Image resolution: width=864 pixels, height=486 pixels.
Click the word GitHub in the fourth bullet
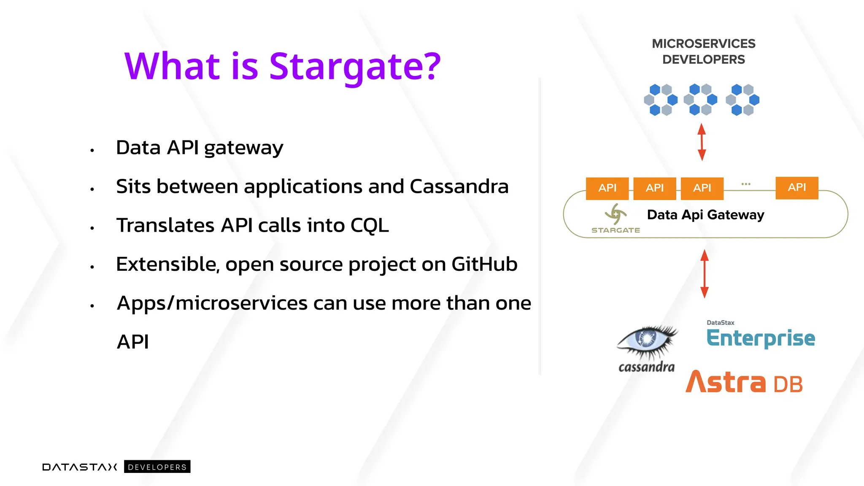pos(484,265)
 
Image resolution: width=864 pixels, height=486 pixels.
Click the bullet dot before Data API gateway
pos(92,150)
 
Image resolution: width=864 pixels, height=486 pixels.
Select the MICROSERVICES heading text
pos(703,44)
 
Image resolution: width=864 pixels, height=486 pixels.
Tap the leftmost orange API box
pos(607,188)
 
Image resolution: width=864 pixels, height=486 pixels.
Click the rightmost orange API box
pos(796,187)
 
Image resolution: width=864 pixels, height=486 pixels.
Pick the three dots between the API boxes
pos(745,184)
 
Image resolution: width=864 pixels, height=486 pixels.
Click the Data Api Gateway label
pos(705,215)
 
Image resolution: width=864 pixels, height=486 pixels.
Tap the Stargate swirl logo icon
pos(616,214)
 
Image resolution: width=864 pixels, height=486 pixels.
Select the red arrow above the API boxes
pos(702,142)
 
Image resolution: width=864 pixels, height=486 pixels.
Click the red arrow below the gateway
pos(704,274)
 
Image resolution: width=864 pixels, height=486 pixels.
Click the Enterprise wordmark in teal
pos(761,338)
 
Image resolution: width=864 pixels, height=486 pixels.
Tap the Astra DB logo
pos(744,382)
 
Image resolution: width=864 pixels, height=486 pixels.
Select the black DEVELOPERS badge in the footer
pos(157,467)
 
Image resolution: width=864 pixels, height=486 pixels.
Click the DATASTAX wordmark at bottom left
pos(80,467)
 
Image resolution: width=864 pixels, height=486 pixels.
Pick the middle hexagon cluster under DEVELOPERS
pos(700,100)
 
